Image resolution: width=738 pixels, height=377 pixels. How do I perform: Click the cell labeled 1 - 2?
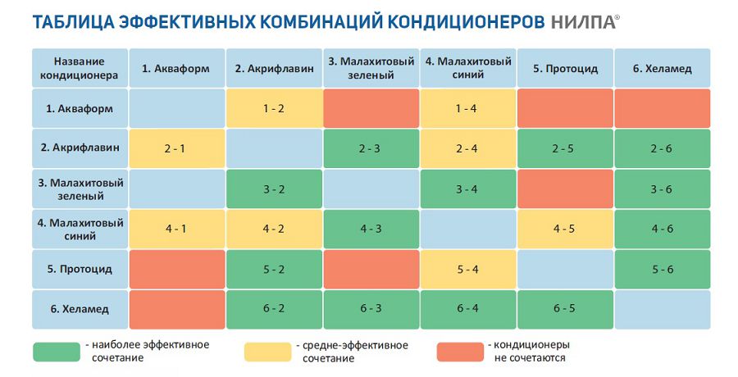[274, 108]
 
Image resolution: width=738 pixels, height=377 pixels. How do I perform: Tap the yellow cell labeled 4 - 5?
[564, 229]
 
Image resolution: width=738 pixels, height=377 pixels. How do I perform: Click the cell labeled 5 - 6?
[662, 269]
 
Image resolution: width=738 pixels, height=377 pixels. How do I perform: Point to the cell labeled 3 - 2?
[274, 188]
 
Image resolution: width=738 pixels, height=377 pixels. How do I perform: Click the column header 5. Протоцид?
[564, 68]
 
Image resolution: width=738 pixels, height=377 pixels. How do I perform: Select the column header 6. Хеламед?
[662, 68]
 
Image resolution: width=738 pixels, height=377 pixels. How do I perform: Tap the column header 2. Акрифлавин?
[274, 68]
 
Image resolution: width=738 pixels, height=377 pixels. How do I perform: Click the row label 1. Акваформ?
[80, 108]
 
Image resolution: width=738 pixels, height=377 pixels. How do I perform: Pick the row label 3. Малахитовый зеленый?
[80, 188]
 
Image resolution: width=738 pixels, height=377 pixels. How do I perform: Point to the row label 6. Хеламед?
[80, 309]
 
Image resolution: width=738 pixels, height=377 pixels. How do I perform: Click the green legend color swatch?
[57, 352]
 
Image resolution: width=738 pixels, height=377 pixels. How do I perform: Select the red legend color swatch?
[459, 352]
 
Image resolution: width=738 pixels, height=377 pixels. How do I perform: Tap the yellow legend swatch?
[267, 352]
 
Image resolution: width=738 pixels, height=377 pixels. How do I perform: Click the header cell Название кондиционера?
[80, 68]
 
